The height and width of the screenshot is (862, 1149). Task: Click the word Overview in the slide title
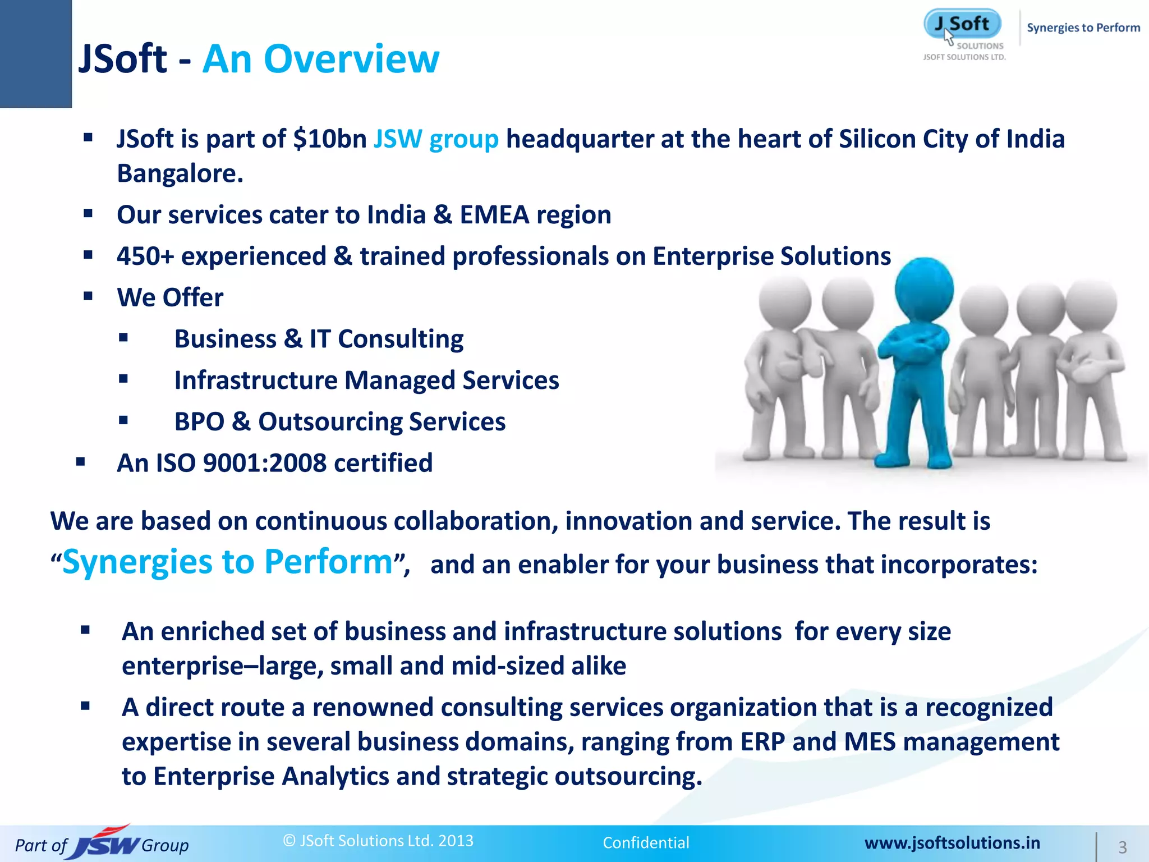coord(351,59)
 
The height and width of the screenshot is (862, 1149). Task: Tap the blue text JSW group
coord(436,139)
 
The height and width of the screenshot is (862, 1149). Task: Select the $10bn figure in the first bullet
coord(330,139)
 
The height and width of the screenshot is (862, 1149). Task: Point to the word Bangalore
coord(180,173)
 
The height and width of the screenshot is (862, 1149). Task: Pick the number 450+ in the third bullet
coord(145,256)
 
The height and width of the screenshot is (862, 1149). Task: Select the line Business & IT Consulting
coord(319,339)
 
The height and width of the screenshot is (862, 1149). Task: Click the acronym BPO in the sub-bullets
coord(199,422)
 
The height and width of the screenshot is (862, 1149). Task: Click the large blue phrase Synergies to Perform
coord(227,562)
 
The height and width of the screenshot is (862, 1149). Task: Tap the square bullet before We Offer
coord(88,296)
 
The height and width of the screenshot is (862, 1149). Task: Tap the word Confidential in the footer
coord(646,843)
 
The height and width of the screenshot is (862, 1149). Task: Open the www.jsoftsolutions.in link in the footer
coord(952,843)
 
